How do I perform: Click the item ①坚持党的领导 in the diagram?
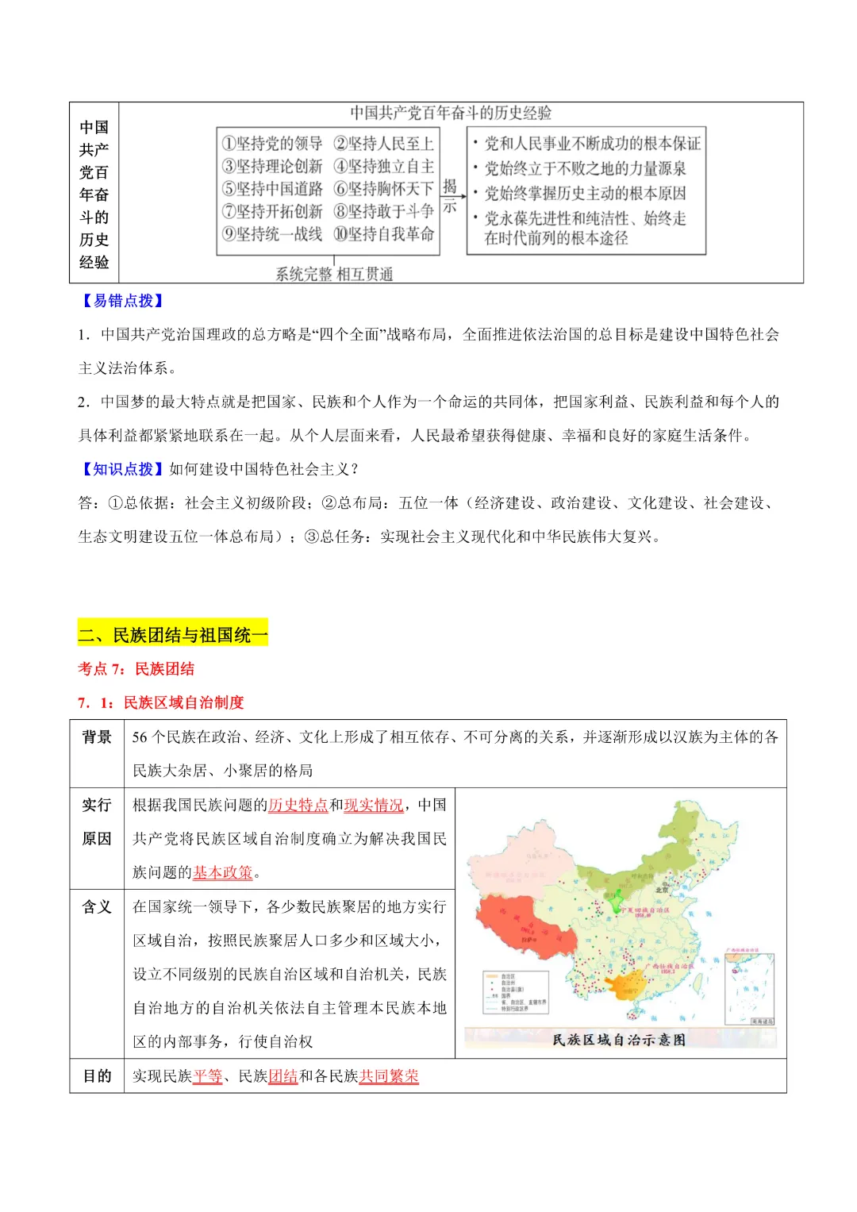tap(272, 144)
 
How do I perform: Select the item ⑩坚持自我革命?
tap(384, 234)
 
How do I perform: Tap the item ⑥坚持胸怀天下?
tap(384, 189)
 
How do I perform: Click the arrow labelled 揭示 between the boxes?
tap(450, 195)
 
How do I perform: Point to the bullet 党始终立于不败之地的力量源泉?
tap(585, 168)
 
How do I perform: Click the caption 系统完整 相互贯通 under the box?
tap(334, 275)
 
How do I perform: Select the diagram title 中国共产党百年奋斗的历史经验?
tap(451, 114)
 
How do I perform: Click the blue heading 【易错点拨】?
tap(123, 301)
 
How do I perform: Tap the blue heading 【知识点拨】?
tap(123, 469)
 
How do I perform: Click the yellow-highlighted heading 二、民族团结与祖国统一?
tap(173, 635)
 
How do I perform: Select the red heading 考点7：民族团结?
tap(136, 669)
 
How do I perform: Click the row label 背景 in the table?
tap(97, 737)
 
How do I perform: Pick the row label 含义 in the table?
tap(97, 906)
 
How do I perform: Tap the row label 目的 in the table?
tap(97, 1076)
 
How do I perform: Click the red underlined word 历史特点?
tap(298, 805)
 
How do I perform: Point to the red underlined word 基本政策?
tap(223, 872)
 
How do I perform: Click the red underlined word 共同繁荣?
tap(389, 1076)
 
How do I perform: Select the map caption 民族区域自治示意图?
tap(619, 1040)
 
